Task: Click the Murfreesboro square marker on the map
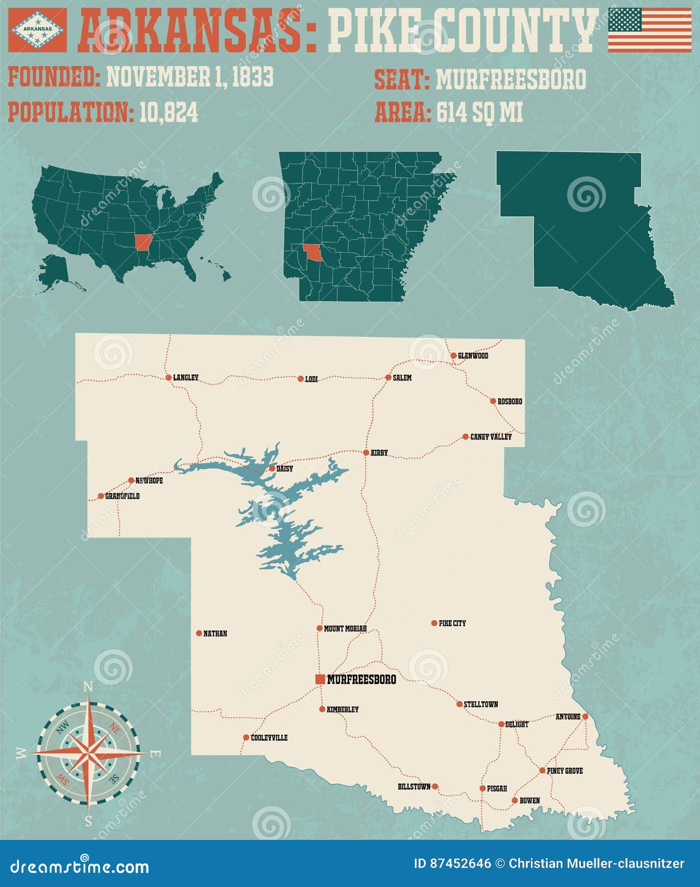[320, 679]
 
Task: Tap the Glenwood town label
[473, 356]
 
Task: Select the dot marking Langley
[169, 377]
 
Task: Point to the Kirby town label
[379, 452]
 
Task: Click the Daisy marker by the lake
[272, 468]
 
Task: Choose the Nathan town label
[215, 633]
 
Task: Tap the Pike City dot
[434, 623]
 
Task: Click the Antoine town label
[568, 716]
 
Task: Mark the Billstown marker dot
[435, 786]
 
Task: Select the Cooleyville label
[269, 737]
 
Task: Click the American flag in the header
[650, 30]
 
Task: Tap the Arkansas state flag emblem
[37, 30]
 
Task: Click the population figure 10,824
[169, 112]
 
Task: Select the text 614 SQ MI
[479, 112]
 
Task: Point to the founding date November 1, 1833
[190, 77]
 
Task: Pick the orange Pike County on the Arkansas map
[314, 252]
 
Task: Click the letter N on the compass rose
[88, 687]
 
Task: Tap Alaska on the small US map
[54, 270]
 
